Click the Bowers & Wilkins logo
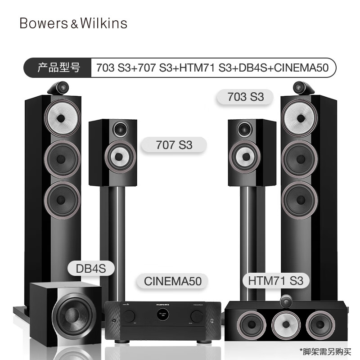(x=73, y=23)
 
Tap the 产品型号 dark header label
(x=59, y=68)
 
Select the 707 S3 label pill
(x=174, y=145)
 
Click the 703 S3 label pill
(x=245, y=97)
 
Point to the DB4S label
(x=91, y=268)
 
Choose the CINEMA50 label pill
(x=172, y=281)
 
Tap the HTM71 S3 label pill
(x=275, y=280)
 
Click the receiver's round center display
(x=163, y=315)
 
